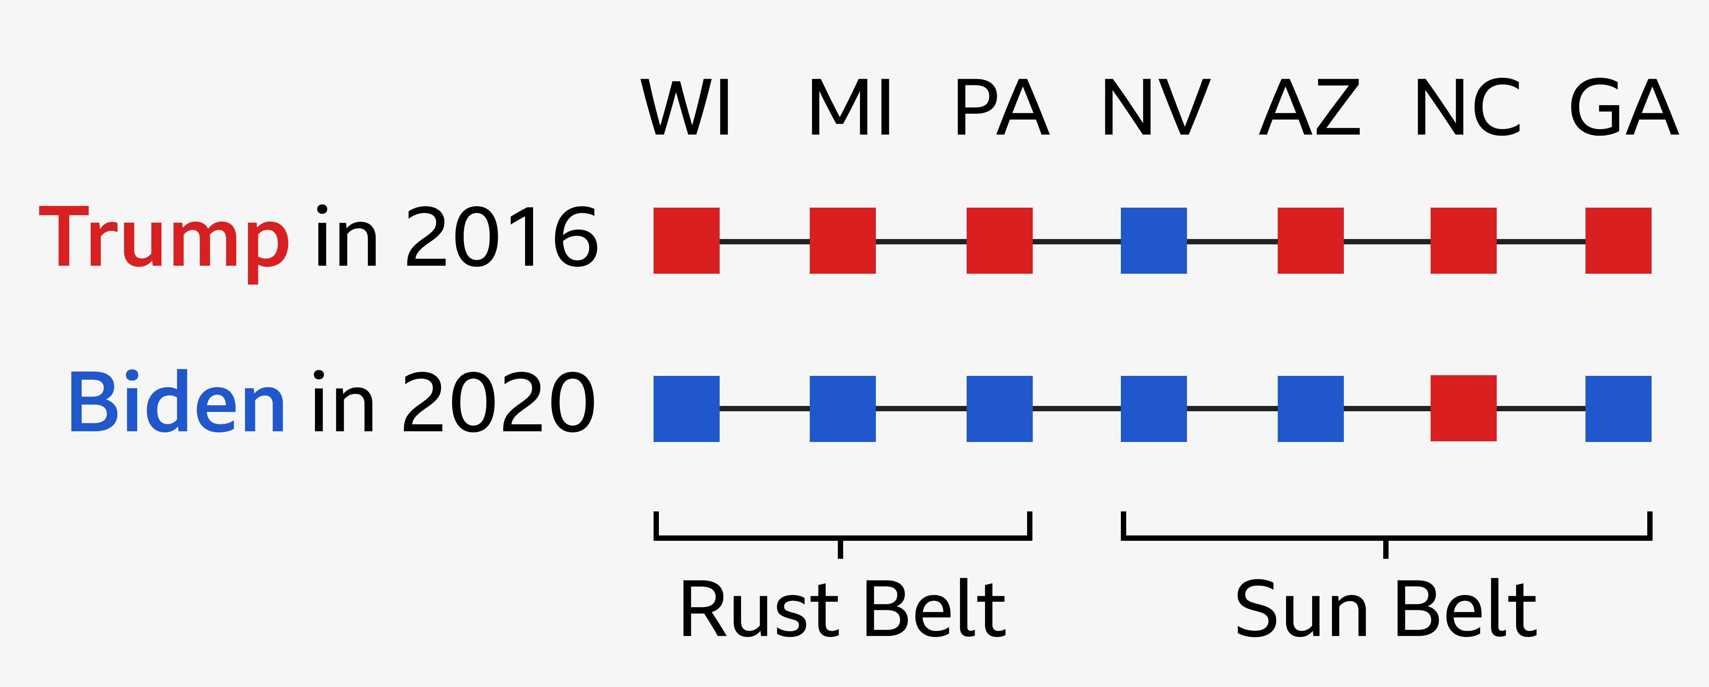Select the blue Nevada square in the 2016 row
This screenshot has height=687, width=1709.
coord(1154,240)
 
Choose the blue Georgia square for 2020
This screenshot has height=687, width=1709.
coord(1618,408)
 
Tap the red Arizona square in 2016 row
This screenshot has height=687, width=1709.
coord(1310,240)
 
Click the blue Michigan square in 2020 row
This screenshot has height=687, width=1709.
coord(842,408)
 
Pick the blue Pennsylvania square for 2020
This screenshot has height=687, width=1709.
coord(999,408)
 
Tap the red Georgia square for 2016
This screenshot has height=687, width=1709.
coord(1618,240)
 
